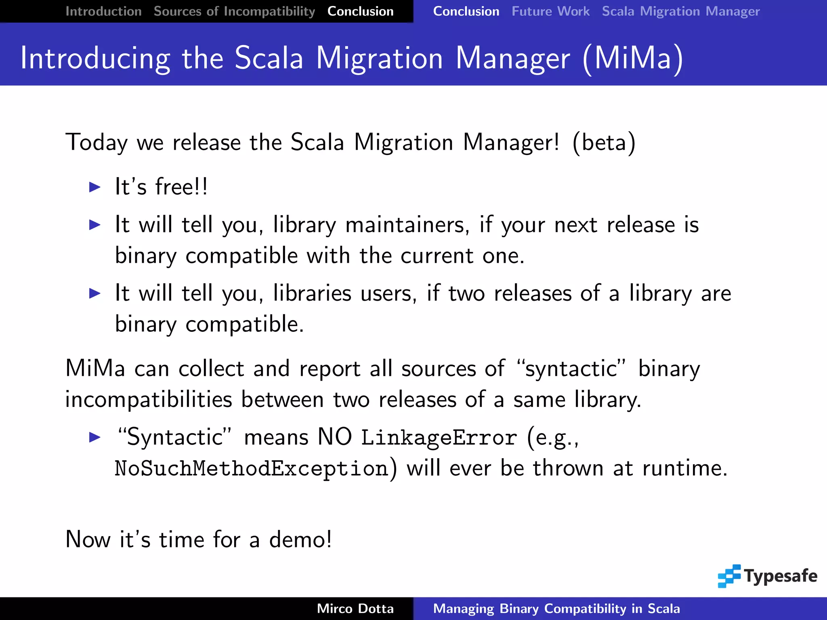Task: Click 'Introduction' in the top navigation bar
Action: pos(103,11)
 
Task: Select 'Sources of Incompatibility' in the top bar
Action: pos(234,11)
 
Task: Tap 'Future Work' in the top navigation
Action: pos(550,11)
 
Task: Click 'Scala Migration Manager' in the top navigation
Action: pos(680,11)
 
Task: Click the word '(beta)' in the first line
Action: pos(604,142)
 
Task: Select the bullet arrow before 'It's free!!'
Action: pos(95,187)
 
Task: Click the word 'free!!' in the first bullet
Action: pos(181,187)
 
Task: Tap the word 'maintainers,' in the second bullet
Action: pos(407,225)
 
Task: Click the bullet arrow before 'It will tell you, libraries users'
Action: pos(95,293)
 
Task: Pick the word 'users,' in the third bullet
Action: pos(388,293)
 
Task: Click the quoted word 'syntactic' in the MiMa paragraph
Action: pos(571,369)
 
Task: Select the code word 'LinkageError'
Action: pos(439,438)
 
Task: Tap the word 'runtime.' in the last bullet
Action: pos(684,469)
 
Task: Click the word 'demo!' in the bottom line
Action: pos(300,540)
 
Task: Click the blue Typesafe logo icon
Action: pos(729,576)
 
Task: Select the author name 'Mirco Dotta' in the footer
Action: pos(355,609)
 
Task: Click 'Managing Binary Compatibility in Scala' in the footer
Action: pos(556,609)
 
